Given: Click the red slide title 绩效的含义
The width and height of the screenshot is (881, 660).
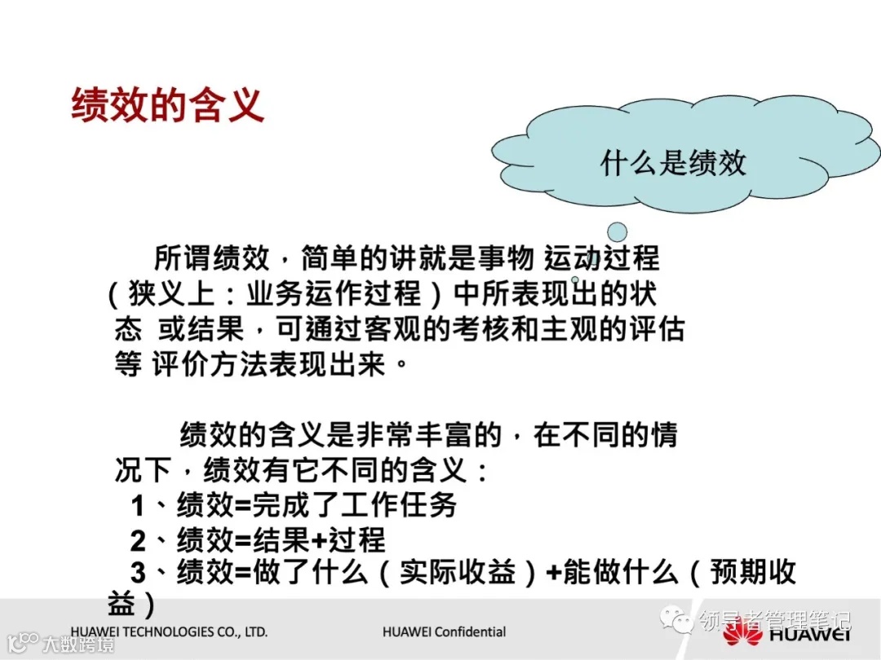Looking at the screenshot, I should (x=167, y=106).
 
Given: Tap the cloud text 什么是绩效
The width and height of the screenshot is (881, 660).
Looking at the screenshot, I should (x=673, y=162).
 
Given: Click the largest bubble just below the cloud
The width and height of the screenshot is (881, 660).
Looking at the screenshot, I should (x=618, y=232).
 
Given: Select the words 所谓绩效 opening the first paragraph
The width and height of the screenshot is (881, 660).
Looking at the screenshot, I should (x=211, y=259).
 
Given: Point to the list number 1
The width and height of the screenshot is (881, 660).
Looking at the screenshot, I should (x=138, y=506).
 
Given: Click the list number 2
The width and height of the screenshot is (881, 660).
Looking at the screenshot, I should (x=138, y=540).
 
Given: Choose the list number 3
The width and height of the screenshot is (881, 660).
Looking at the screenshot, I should (x=138, y=573).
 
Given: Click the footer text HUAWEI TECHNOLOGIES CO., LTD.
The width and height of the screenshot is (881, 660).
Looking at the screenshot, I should (x=169, y=632).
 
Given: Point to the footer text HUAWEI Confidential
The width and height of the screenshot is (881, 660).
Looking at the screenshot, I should (x=444, y=632).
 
